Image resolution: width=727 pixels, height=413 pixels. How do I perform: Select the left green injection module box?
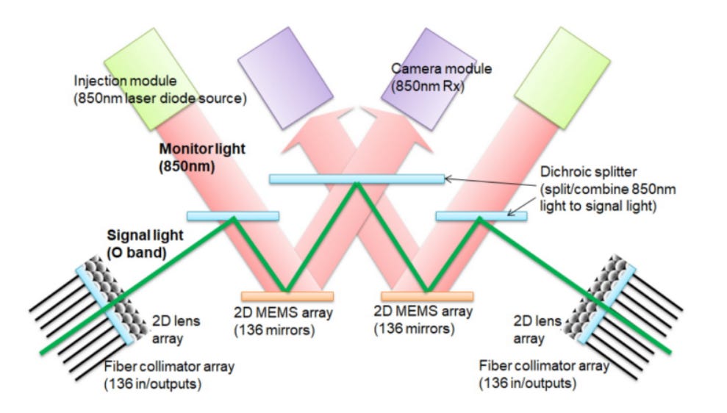(151, 79)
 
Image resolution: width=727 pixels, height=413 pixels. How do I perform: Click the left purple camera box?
(285, 78)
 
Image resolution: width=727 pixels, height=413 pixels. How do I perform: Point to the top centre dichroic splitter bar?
(357, 179)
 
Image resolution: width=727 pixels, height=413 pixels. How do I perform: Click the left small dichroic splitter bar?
(233, 216)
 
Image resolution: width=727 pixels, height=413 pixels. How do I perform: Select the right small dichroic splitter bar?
(481, 216)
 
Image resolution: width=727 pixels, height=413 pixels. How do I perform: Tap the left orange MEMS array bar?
(287, 297)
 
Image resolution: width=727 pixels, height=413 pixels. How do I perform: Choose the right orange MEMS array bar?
(428, 297)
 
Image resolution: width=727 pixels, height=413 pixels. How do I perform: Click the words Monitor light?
(202, 148)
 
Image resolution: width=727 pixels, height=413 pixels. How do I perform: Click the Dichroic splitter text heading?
(588, 172)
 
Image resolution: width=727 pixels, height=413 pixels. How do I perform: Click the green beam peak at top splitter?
(357, 184)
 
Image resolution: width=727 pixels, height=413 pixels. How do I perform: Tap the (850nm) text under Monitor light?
(187, 167)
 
